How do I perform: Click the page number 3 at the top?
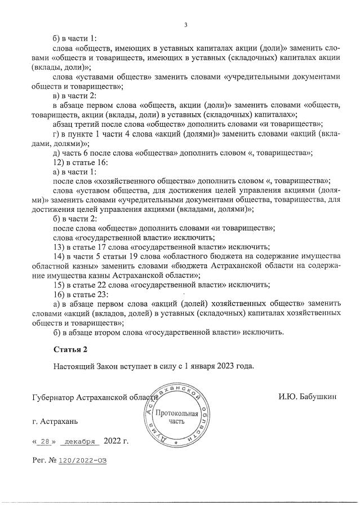(185, 24)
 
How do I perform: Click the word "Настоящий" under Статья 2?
(73, 366)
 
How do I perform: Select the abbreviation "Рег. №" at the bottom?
(45, 461)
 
